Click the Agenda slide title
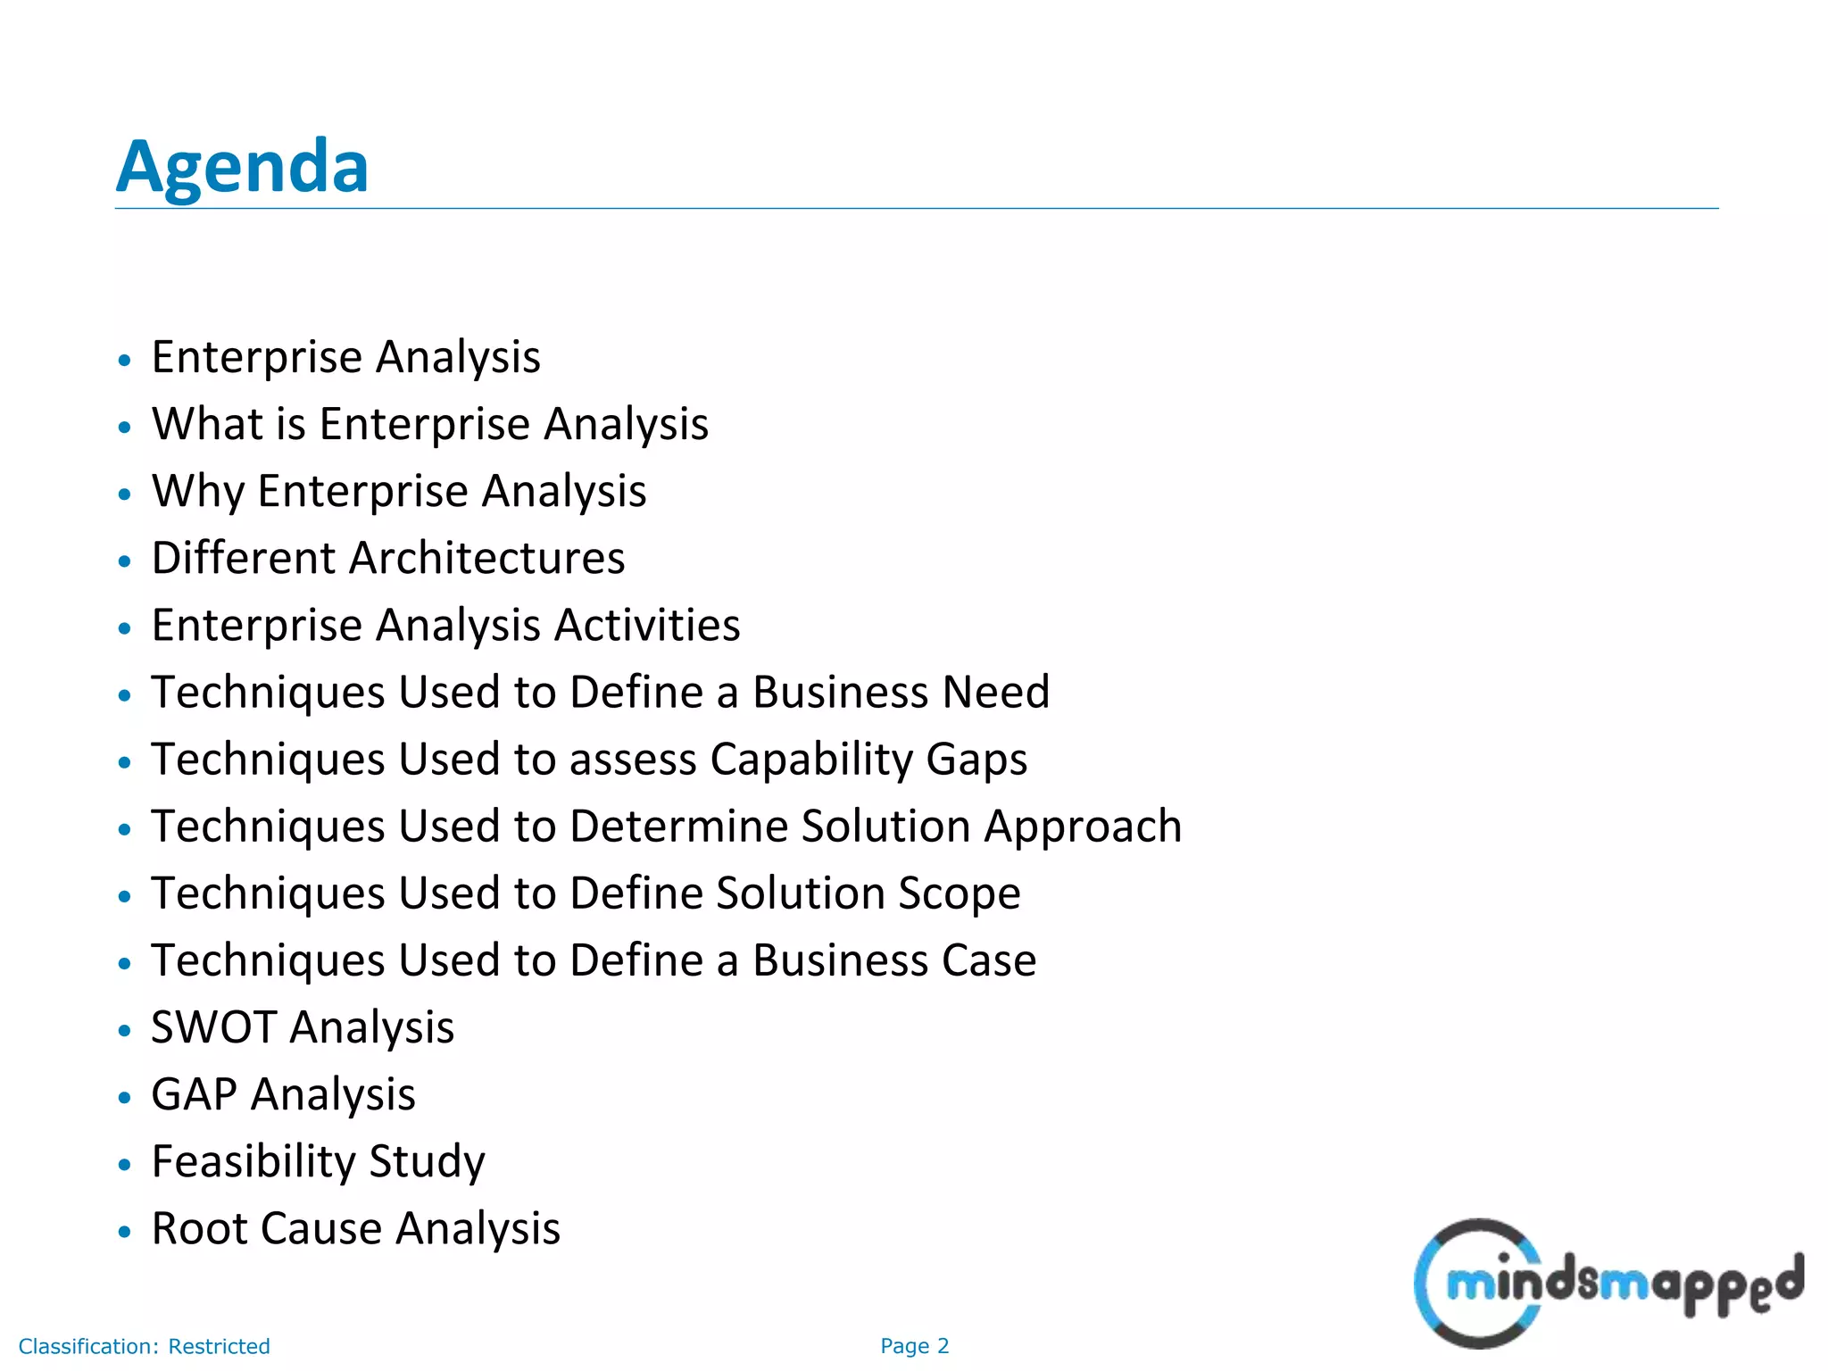242,167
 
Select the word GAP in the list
194,1093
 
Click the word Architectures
486,558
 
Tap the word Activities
647,625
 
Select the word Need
995,692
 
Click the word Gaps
976,760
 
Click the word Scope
959,893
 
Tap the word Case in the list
983,960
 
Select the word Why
197,491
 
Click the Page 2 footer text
914,1346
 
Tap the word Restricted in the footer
219,1346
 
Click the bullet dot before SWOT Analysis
125,1030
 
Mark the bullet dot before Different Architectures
125,561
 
